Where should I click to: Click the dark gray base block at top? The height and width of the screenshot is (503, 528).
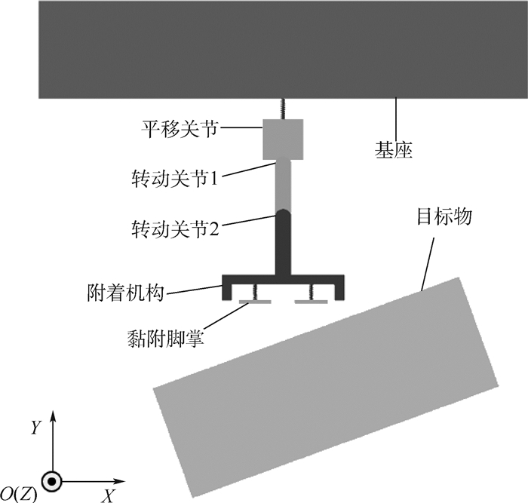tap(283, 49)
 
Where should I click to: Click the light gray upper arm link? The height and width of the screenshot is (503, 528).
tap(283, 185)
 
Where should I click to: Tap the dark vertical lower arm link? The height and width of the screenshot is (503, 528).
tap(283, 241)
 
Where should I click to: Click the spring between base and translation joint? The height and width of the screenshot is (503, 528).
tap(283, 109)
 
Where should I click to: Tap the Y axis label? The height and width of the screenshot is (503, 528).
tap(35, 428)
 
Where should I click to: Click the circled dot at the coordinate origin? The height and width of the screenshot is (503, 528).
tap(52, 480)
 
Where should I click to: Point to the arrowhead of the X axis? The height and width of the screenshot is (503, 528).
tap(120, 480)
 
